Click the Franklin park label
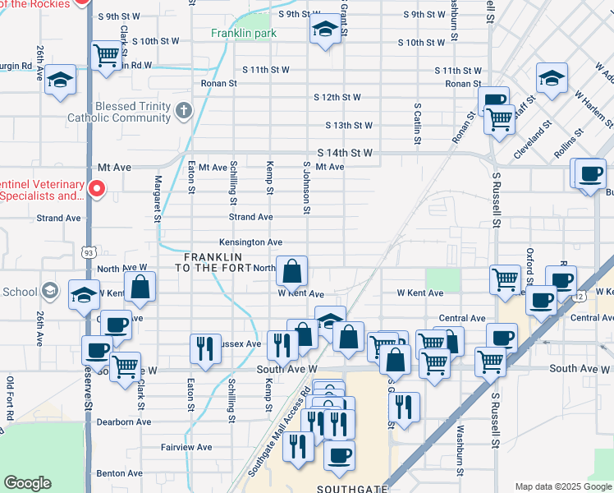pyautogui.click(x=243, y=34)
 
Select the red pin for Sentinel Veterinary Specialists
pyautogui.click(x=96, y=190)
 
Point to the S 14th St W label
pyautogui.click(x=345, y=153)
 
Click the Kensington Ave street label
pyautogui.click(x=250, y=242)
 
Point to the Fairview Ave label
pyautogui.click(x=186, y=448)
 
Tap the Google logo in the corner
pyautogui.click(x=28, y=483)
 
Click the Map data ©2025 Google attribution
pyautogui.click(x=562, y=486)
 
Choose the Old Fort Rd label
pyautogui.click(x=11, y=399)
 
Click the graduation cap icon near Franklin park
pyautogui.click(x=325, y=32)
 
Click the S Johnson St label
pyautogui.click(x=306, y=188)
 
